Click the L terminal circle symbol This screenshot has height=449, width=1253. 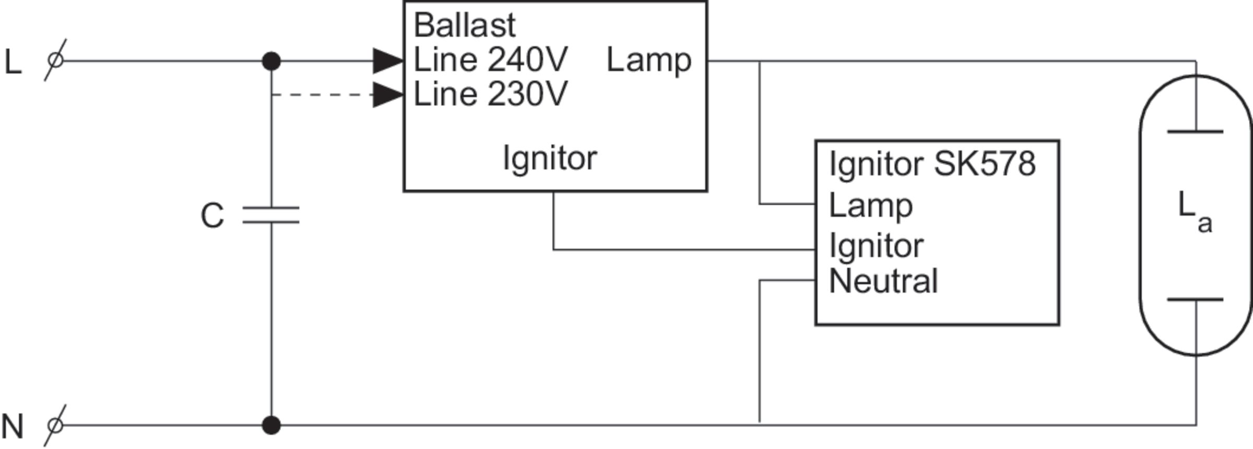tap(55, 61)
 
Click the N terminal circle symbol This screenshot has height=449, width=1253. tap(55, 425)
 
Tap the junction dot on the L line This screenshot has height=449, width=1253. tap(271, 61)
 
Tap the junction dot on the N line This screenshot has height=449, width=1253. tap(271, 425)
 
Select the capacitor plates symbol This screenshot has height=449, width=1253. tap(271, 215)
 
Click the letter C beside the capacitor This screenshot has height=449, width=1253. tap(212, 215)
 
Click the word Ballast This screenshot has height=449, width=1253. tap(465, 25)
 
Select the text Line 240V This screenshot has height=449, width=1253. tap(490, 60)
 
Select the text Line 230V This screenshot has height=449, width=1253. tap(490, 95)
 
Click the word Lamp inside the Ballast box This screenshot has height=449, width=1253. tap(649, 61)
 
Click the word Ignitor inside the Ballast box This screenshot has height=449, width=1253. tap(550, 158)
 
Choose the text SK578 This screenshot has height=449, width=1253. tap(984, 164)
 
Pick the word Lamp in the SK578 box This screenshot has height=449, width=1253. tap(871, 206)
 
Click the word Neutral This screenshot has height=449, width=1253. tap(883, 281)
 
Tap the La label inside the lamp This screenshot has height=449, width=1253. tap(1195, 210)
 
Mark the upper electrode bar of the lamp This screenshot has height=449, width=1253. tap(1195, 132)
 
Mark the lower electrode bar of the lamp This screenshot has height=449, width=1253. tap(1195, 300)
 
